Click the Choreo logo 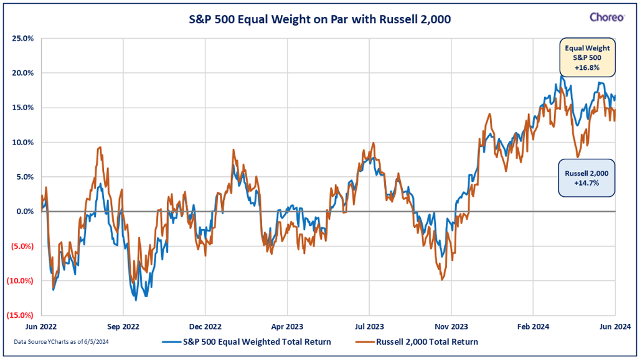pyautogui.click(x=606, y=17)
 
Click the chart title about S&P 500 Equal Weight pyautogui.click(x=320, y=19)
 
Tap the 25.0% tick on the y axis pyautogui.click(x=22, y=38)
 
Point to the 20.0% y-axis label pyautogui.click(x=22, y=73)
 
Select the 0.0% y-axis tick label pyautogui.click(x=24, y=211)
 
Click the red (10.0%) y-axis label pyautogui.click(x=21, y=280)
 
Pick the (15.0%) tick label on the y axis pyautogui.click(x=21, y=315)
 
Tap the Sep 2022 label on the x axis pyautogui.click(x=123, y=326)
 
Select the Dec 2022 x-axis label pyautogui.click(x=205, y=326)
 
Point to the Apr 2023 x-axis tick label pyautogui.click(x=287, y=326)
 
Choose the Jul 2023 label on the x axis pyautogui.click(x=369, y=326)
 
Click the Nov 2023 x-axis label pyautogui.click(x=451, y=326)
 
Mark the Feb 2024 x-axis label pyautogui.click(x=533, y=326)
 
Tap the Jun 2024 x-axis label pyautogui.click(x=615, y=326)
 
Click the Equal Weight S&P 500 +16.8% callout pyautogui.click(x=586, y=57)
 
